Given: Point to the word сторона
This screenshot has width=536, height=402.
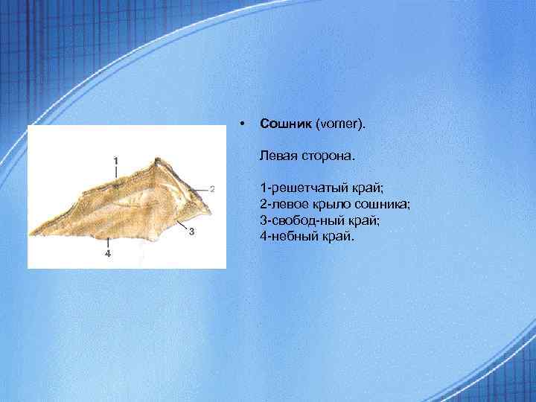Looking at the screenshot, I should [x=326, y=157].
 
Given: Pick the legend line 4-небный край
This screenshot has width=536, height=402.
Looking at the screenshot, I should [x=308, y=237].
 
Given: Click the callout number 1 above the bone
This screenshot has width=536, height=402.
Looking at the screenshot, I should [x=115, y=159].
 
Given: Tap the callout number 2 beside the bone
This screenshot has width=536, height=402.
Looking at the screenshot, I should [x=212, y=188].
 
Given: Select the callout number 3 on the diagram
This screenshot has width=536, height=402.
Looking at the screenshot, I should [x=191, y=232].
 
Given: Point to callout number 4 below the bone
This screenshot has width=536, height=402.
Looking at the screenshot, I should [x=108, y=254].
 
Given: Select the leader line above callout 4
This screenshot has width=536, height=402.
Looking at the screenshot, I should [x=109, y=243].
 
